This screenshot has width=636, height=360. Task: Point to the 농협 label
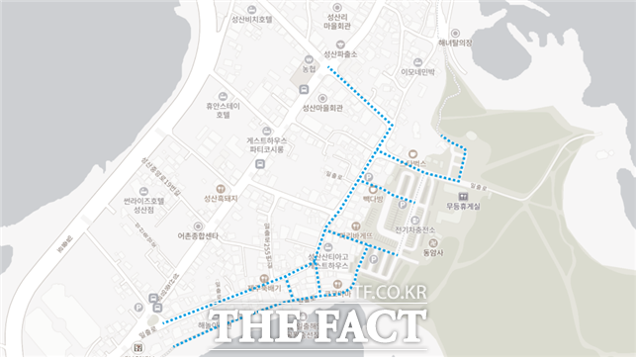310,69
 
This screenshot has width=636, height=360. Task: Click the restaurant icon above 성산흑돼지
222,187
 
